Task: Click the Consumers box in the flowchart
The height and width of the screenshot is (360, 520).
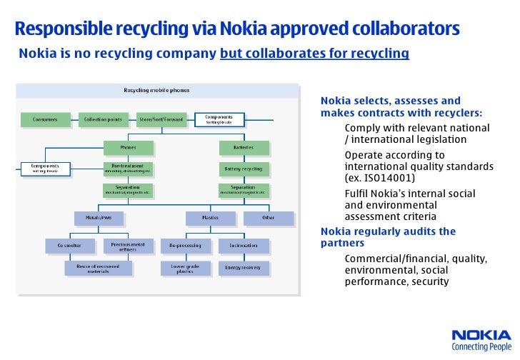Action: [44, 119]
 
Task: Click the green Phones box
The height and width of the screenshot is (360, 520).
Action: [128, 148]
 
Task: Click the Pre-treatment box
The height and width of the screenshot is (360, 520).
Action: [128, 169]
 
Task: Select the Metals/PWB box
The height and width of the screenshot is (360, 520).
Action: [99, 218]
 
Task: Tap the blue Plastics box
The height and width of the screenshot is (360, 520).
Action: [209, 218]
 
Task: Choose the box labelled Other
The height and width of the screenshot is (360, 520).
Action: [268, 218]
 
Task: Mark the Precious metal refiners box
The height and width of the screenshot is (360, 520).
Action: [128, 246]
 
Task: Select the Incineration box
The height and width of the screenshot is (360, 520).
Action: [244, 246]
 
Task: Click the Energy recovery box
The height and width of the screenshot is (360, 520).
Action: [244, 269]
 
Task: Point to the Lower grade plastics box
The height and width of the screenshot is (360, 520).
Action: [185, 269]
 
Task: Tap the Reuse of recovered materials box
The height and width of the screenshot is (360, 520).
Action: [99, 269]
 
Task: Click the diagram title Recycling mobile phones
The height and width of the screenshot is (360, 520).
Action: [156, 91]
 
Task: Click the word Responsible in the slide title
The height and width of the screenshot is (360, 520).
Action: [59, 29]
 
